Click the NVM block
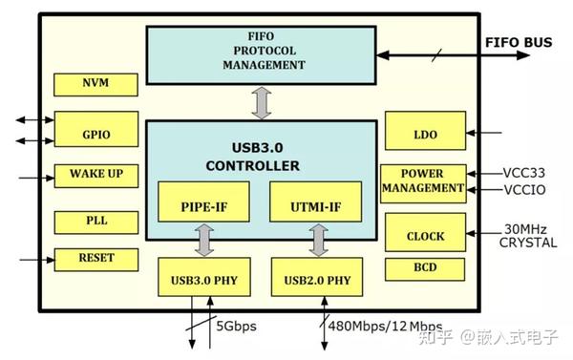(96, 83)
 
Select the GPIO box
(96, 134)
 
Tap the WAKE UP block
(96, 175)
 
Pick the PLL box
(96, 221)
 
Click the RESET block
(96, 258)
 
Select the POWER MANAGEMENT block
(423, 181)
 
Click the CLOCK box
(424, 235)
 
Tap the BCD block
(424, 268)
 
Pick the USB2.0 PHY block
(317, 280)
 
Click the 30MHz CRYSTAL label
(527, 237)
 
